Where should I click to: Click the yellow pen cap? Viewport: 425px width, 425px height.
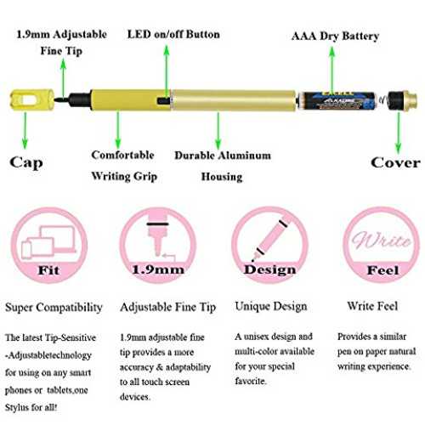[x=31, y=99]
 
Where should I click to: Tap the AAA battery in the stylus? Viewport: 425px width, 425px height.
[x=338, y=100]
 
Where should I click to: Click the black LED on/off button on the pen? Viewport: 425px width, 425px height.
[x=164, y=100]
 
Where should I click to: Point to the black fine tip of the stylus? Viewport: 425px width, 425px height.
[x=62, y=99]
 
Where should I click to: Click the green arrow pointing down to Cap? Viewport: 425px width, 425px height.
[x=25, y=130]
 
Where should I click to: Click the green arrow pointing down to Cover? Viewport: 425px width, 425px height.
[x=399, y=133]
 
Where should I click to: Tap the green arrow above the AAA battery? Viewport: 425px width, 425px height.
[x=332, y=70]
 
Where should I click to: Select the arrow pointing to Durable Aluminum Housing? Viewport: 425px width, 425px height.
[x=218, y=130]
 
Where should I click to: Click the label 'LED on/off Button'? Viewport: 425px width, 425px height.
[x=173, y=34]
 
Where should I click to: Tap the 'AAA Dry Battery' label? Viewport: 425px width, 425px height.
[x=335, y=36]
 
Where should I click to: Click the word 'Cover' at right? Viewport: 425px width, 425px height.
[x=395, y=162]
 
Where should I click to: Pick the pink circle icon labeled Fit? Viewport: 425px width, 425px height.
[x=49, y=245]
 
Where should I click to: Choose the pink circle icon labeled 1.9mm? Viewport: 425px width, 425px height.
[x=158, y=245]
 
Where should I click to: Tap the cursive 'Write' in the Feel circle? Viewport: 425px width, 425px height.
[x=382, y=241]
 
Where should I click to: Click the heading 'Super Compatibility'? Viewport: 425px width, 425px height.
[x=54, y=308]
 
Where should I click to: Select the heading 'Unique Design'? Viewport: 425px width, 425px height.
[x=271, y=306]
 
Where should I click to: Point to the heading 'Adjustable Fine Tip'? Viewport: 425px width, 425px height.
[x=167, y=307]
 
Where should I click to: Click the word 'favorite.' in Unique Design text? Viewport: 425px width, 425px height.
[x=251, y=381]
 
